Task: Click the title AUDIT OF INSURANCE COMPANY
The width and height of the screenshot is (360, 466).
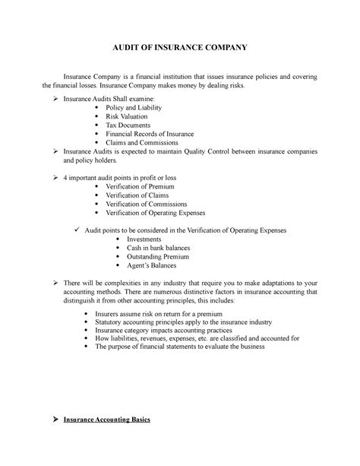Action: pos(180,46)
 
